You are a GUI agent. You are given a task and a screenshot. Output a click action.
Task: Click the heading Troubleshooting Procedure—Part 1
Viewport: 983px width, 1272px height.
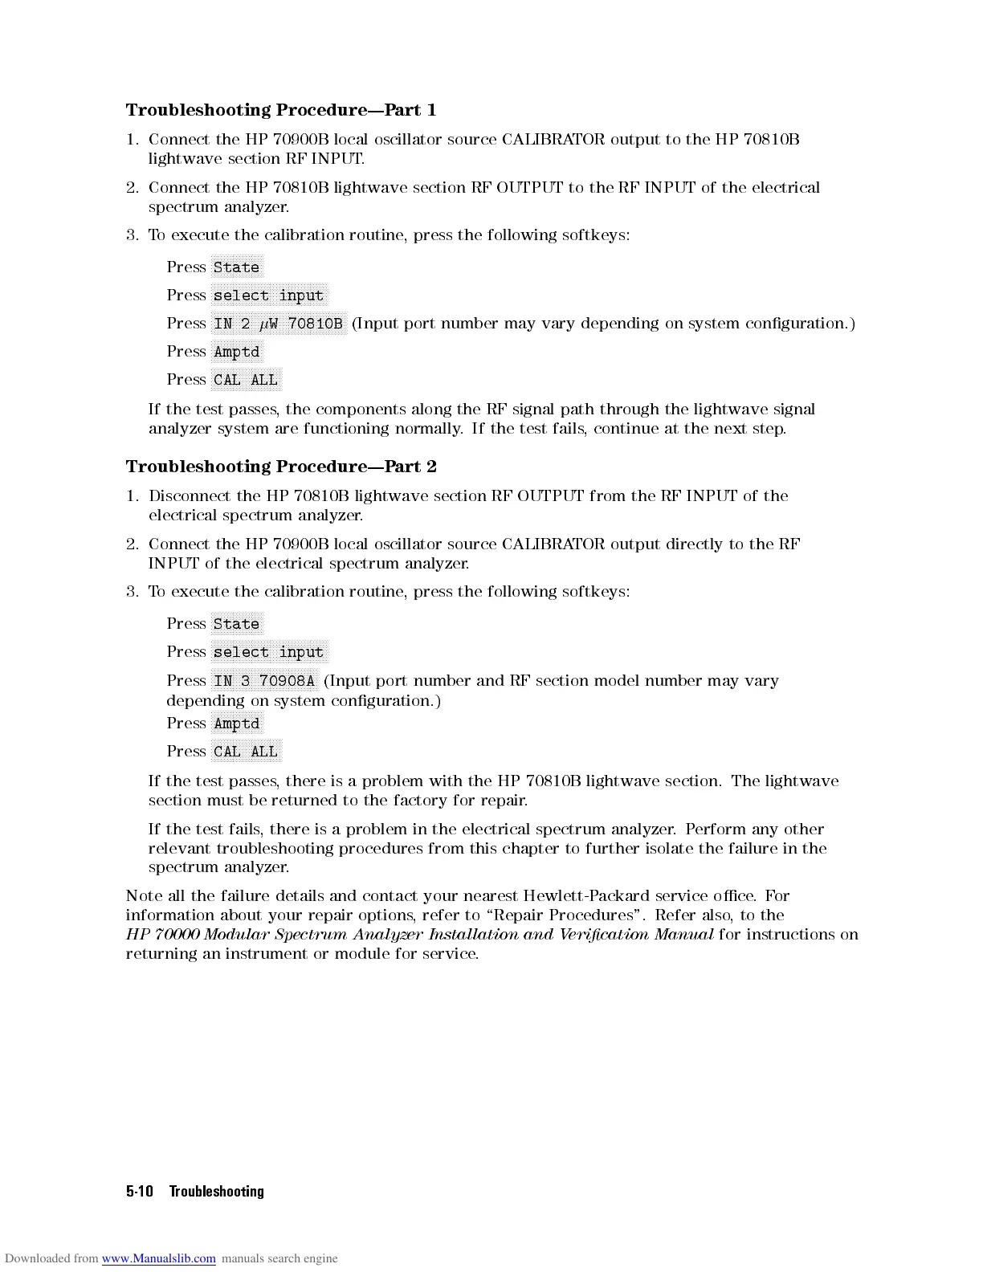[280, 110]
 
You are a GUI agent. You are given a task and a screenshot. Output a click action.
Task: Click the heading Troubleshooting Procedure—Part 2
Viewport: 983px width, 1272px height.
[280, 467]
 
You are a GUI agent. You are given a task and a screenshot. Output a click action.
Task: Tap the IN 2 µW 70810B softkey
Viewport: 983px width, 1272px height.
[279, 324]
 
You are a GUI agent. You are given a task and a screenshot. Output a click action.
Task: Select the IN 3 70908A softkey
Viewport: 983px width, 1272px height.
[264, 681]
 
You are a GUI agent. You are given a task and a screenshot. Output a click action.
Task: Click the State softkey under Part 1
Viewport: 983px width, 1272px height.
[236, 267]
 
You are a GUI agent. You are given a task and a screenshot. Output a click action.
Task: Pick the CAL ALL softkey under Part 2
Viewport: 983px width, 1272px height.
[246, 752]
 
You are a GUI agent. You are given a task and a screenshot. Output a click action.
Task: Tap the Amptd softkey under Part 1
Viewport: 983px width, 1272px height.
[236, 352]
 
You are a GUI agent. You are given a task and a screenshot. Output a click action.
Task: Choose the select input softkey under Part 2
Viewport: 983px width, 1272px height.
[269, 652]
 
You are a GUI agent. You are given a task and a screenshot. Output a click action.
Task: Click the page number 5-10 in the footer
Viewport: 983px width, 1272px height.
[139, 1192]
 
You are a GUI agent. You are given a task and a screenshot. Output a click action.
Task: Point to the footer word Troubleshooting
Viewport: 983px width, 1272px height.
[216, 1192]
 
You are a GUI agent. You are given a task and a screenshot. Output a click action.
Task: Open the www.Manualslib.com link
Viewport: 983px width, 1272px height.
[158, 1258]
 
